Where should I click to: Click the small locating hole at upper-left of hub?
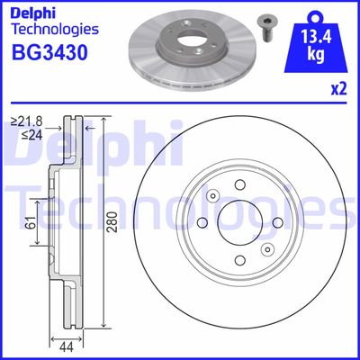click(212, 196)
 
